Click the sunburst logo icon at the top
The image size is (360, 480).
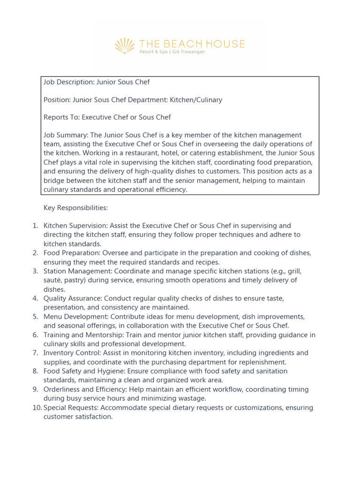(x=125, y=46)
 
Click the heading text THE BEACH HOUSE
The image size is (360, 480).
(x=192, y=44)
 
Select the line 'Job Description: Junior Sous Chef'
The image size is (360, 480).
(x=97, y=82)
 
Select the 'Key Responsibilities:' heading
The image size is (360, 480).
(x=75, y=207)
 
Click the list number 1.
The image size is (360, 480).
(x=35, y=225)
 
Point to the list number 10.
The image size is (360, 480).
(x=37, y=408)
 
